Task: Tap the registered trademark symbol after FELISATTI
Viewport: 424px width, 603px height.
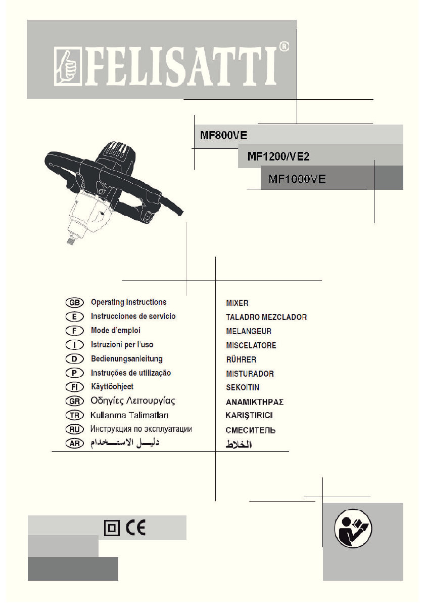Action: point(284,48)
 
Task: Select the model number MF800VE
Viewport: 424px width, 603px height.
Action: point(221,136)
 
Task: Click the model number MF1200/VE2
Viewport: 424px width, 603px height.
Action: point(278,157)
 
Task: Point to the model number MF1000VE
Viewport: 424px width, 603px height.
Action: point(297,179)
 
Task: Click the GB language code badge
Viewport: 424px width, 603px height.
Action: point(74,302)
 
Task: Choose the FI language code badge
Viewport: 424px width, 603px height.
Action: point(74,387)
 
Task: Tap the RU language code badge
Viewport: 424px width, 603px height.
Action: point(74,429)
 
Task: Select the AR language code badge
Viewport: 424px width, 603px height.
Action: point(74,444)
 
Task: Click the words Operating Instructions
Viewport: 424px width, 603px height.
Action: point(128,302)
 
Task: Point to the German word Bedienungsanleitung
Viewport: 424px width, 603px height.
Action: point(126,359)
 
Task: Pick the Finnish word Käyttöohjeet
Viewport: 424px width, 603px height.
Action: point(112,387)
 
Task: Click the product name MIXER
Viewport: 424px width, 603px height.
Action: point(237,303)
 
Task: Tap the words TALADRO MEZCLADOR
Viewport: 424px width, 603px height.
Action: point(266,317)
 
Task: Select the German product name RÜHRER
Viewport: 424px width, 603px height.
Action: point(241,360)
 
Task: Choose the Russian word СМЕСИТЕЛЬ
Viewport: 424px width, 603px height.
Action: point(251,431)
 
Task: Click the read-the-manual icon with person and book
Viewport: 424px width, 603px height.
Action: point(353,529)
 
